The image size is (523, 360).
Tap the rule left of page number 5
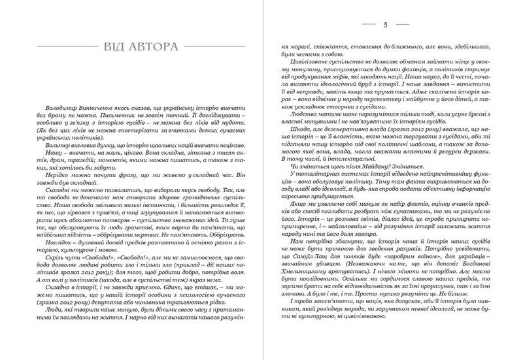coord(320,25)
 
